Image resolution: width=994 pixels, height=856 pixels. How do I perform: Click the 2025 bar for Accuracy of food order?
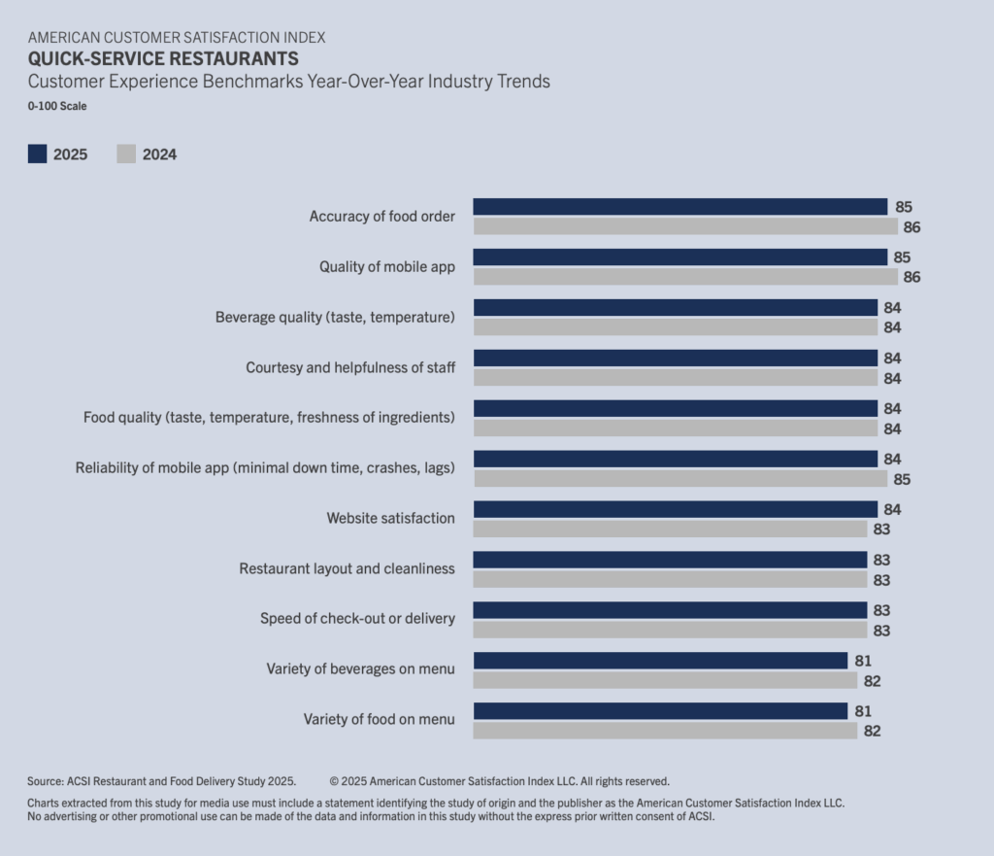tap(680, 207)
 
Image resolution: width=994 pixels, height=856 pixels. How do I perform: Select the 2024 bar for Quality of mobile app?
tap(685, 277)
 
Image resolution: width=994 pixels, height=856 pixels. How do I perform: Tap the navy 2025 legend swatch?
tap(38, 154)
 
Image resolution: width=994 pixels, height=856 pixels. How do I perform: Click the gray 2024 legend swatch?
tap(126, 154)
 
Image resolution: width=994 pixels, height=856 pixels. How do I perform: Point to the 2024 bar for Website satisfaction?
tap(670, 530)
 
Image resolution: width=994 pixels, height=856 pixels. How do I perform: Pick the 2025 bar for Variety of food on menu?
tap(660, 710)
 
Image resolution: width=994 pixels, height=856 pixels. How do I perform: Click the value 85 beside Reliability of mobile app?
tap(902, 480)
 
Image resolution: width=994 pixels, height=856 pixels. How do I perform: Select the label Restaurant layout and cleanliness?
tap(347, 568)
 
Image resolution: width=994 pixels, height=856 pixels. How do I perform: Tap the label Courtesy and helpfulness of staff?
tap(350, 367)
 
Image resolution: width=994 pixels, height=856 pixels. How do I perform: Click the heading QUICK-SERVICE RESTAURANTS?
tap(163, 58)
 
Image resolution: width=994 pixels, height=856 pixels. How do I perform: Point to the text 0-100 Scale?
tap(57, 106)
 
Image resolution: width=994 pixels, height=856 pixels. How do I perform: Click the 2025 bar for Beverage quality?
tap(676, 308)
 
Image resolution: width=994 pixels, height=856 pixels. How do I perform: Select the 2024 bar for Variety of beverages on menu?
tap(665, 680)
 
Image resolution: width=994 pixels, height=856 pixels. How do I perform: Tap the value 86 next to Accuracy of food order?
tap(911, 227)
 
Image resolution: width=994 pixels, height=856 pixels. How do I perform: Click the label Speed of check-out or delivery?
tap(357, 619)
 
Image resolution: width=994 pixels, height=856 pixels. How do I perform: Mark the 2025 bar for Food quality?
tap(676, 409)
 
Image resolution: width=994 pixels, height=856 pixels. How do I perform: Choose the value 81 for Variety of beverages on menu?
tap(863, 662)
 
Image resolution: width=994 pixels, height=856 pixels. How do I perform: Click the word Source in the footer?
tap(45, 781)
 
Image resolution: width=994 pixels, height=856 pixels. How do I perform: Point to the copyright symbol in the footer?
tap(334, 781)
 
